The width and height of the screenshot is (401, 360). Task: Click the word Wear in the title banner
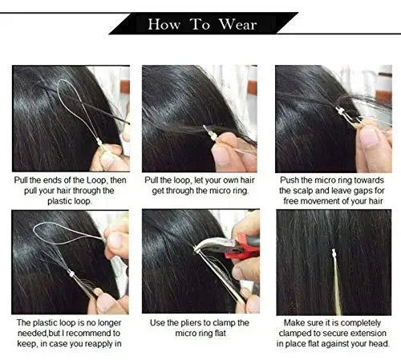tap(237, 25)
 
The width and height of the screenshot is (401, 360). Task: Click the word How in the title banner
tap(164, 25)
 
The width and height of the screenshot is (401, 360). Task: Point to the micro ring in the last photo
tap(334, 253)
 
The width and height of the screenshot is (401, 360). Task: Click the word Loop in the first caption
tap(95, 180)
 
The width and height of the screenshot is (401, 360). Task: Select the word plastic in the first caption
tap(59, 201)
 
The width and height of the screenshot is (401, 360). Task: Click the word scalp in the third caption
tap(303, 191)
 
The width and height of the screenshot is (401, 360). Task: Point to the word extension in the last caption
tap(368, 333)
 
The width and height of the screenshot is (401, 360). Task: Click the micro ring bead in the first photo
tap(99, 142)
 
